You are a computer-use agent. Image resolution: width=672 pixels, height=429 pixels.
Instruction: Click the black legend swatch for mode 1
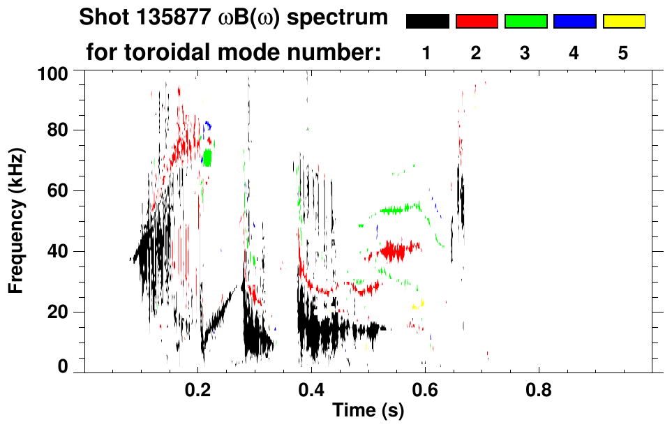(x=427, y=22)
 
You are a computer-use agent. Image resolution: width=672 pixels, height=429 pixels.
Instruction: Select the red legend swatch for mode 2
(x=477, y=22)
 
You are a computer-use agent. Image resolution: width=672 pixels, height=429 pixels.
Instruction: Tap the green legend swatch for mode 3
(x=525, y=22)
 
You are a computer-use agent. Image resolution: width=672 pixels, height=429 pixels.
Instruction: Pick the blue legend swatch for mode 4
(x=574, y=22)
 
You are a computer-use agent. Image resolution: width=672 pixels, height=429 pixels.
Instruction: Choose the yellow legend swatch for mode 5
(x=623, y=22)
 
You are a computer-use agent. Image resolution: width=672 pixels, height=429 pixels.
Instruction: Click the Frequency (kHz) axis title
(x=17, y=220)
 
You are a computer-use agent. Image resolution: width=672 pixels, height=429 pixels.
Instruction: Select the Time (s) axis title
(x=368, y=411)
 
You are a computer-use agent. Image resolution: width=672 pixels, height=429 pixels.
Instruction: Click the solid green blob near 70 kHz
(x=207, y=157)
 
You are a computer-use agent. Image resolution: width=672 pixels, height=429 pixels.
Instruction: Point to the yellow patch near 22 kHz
(x=419, y=304)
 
